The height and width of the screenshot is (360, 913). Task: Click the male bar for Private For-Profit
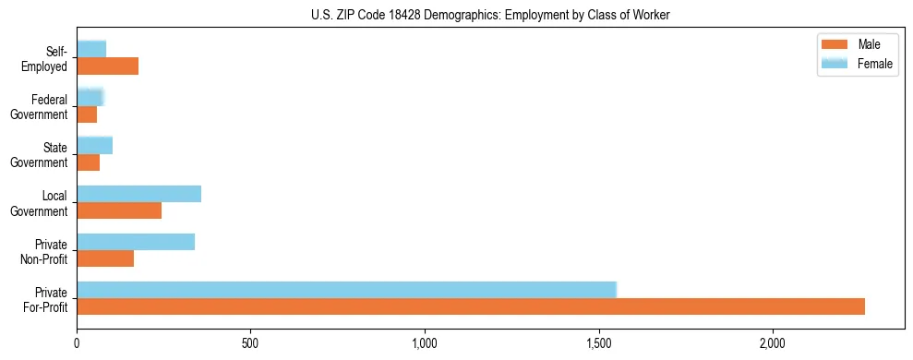(x=471, y=306)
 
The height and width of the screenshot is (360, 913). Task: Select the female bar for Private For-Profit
(x=346, y=289)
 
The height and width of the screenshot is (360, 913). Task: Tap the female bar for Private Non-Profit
(x=136, y=242)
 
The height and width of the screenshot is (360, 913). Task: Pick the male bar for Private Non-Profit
(x=105, y=258)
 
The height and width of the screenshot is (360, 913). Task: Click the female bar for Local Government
(x=138, y=194)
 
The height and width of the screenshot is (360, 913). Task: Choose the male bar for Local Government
(x=119, y=210)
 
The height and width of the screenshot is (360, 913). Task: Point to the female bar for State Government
(x=94, y=145)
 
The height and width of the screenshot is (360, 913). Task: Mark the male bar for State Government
(x=88, y=162)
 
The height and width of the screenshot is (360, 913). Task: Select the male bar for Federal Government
(x=87, y=114)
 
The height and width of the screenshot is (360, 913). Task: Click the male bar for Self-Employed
(x=107, y=66)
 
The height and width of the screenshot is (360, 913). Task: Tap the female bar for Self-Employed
(x=91, y=49)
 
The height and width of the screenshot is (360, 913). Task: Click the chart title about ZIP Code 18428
(x=490, y=14)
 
